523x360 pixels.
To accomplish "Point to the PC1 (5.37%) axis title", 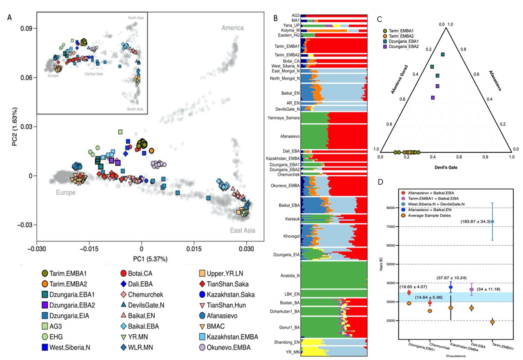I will tap(141, 258).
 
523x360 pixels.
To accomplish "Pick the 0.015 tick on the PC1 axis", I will tap(193, 247).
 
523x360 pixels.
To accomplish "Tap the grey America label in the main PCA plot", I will tap(232, 28).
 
